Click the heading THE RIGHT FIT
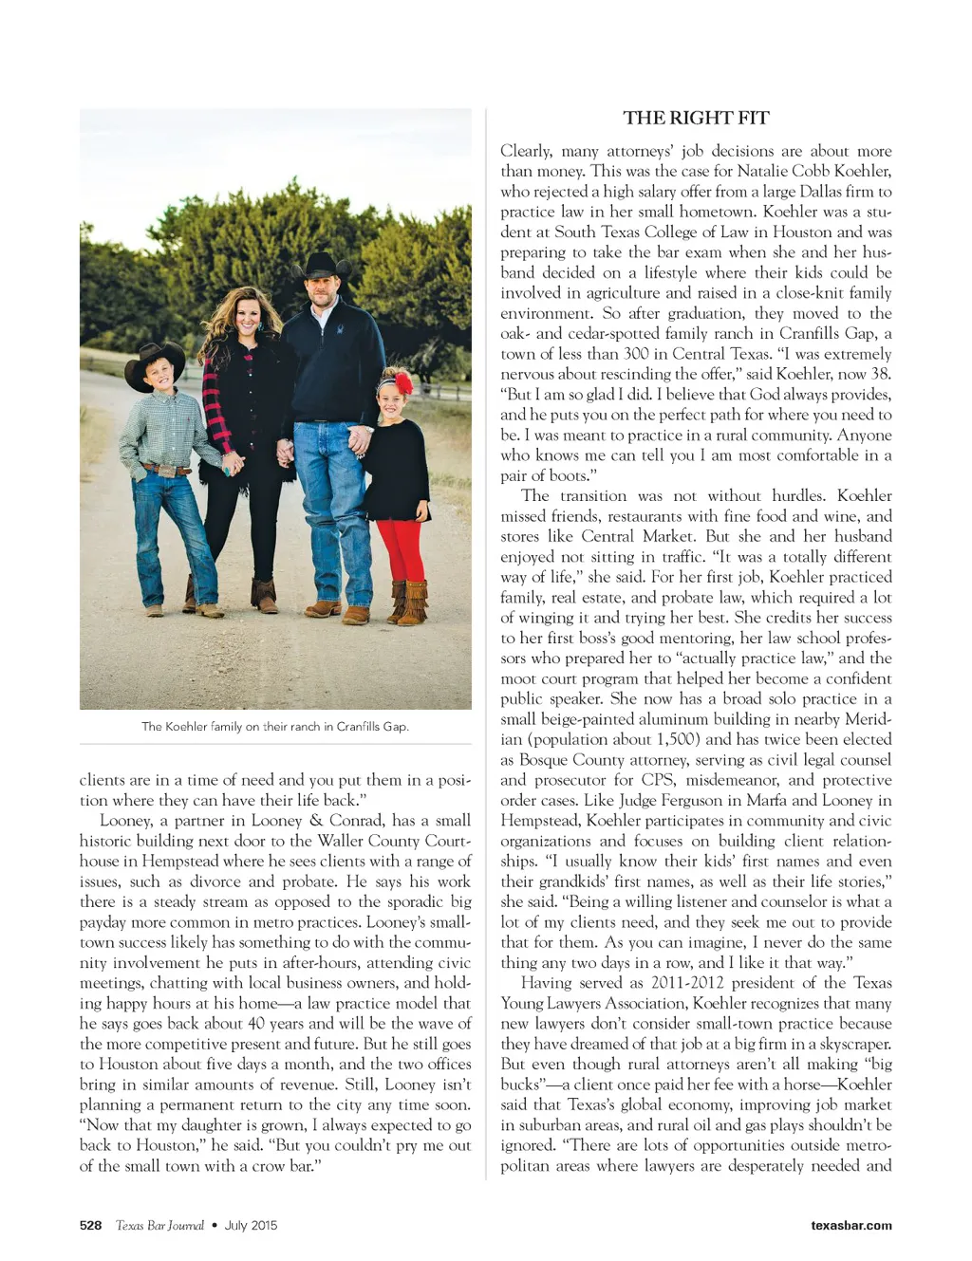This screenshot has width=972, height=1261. pos(696,118)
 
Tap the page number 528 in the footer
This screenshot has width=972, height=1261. pos(90,1225)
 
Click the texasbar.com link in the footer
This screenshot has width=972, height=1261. pos(850,1225)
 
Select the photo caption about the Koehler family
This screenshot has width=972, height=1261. pos(275,727)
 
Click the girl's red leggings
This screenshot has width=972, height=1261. pos(400,550)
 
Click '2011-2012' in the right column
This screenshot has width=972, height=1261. pos(687,983)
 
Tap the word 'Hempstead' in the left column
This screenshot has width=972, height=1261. pos(178,861)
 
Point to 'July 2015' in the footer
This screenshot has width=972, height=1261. pos(251,1225)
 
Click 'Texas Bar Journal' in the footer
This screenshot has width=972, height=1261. pos(159,1225)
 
